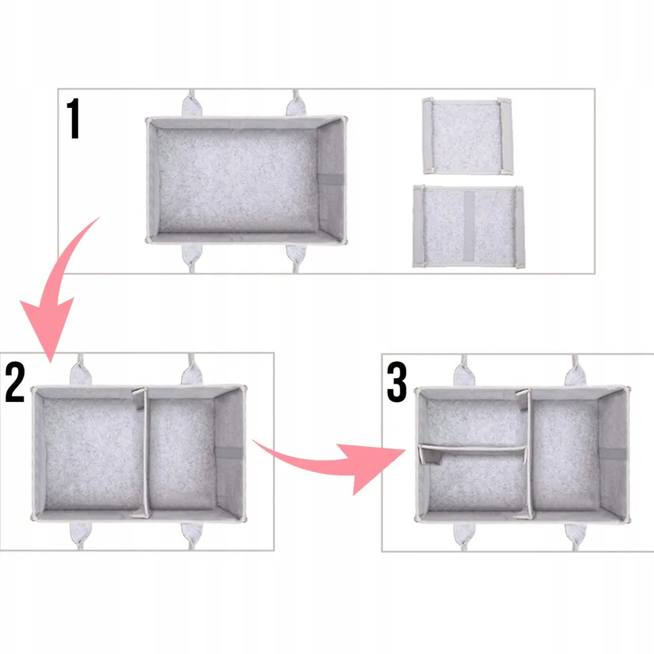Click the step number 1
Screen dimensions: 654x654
point(73,119)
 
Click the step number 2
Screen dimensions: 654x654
point(15,382)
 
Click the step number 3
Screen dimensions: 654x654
point(396,382)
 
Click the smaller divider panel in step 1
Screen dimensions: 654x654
point(467,136)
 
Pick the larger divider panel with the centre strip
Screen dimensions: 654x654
point(469,227)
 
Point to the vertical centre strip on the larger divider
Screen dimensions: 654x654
point(469,227)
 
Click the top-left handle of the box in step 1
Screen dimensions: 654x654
point(191,104)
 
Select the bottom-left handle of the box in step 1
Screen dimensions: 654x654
point(192,258)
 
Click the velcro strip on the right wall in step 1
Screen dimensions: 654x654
point(331,179)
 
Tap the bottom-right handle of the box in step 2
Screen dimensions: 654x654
point(192,536)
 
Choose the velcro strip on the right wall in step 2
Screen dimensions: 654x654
point(228,452)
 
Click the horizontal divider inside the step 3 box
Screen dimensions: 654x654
point(473,450)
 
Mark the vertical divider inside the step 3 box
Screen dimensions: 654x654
point(529,453)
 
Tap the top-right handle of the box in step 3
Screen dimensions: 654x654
point(575,371)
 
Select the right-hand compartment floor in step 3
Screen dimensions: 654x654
point(566,454)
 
